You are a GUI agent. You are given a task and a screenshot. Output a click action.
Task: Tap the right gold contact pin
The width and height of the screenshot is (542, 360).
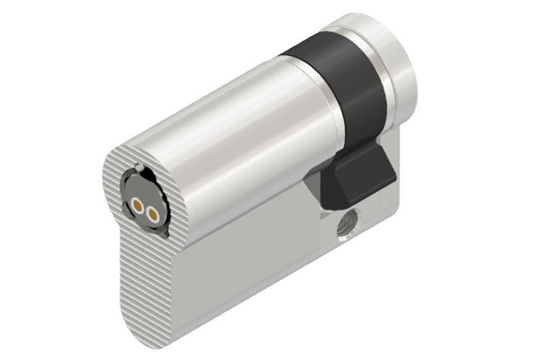point(153,215)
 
